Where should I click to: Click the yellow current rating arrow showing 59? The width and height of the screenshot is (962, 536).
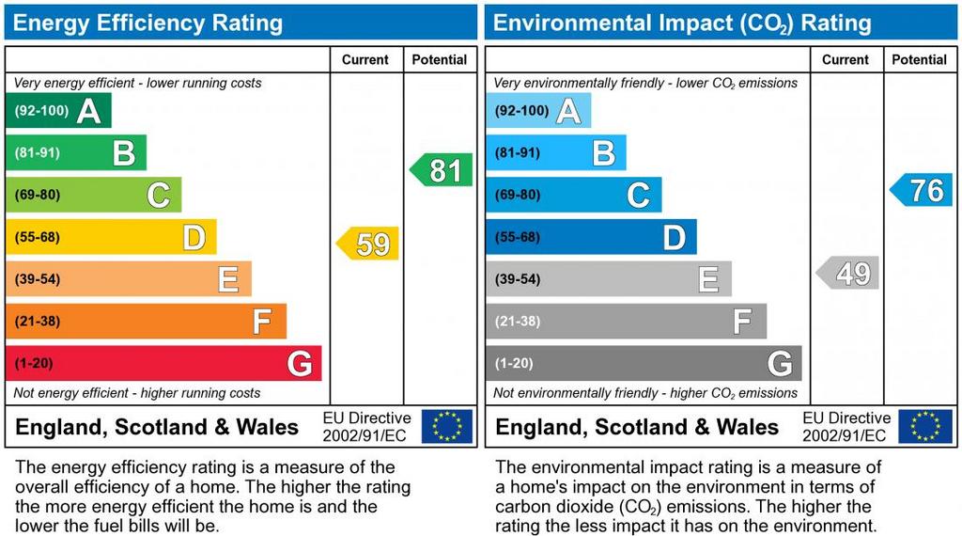pyautogui.click(x=368, y=244)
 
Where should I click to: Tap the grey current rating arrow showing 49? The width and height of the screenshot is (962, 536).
pyautogui.click(x=848, y=274)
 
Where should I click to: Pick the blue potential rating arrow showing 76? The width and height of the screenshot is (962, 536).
pyautogui.click(x=922, y=190)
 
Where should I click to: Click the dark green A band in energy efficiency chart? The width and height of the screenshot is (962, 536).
pyautogui.click(x=58, y=110)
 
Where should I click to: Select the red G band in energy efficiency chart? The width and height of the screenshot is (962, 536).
pyautogui.click(x=163, y=363)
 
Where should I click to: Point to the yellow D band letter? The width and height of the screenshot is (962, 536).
pyautogui.click(x=194, y=237)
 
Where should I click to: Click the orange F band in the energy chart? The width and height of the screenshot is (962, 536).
pyautogui.click(x=146, y=321)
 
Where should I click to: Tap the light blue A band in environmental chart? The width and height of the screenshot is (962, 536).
pyautogui.click(x=538, y=110)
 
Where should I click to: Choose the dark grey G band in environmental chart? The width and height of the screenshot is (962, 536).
pyautogui.click(x=644, y=363)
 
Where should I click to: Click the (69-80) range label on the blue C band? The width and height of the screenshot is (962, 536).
pyautogui.click(x=518, y=195)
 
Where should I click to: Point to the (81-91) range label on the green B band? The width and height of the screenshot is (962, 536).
pyautogui.click(x=38, y=152)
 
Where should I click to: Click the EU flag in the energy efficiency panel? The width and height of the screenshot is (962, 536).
pyautogui.click(x=447, y=426)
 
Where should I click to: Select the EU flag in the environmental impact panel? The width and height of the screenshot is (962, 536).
pyautogui.click(x=926, y=426)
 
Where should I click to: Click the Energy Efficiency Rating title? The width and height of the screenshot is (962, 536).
pyautogui.click(x=147, y=23)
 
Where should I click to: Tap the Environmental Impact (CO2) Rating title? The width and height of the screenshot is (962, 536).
pyautogui.click(x=682, y=23)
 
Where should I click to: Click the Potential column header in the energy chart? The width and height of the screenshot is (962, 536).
pyautogui.click(x=440, y=59)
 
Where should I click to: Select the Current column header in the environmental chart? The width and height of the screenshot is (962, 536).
pyautogui.click(x=846, y=59)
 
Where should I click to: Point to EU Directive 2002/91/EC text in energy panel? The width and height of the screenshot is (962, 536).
pyautogui.click(x=366, y=426)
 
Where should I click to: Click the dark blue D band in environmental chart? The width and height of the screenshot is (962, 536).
pyautogui.click(x=591, y=237)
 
